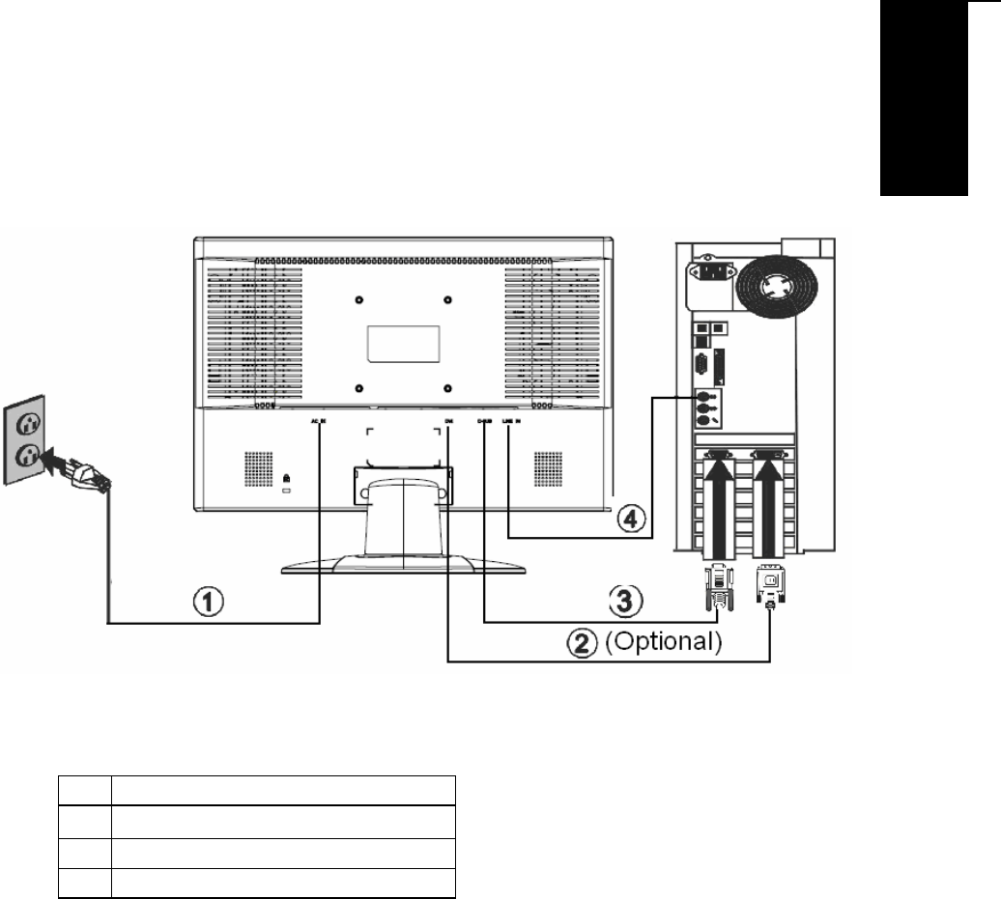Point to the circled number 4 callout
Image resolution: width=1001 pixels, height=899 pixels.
pos(628,519)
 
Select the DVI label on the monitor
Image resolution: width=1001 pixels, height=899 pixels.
pos(449,420)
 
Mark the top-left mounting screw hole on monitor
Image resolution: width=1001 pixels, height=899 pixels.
pos(359,298)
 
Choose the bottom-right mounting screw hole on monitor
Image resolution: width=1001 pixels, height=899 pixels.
pos(448,388)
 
